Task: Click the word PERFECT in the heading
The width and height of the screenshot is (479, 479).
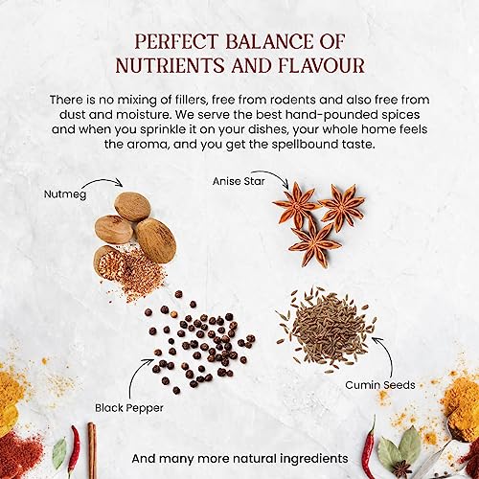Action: coord(176,41)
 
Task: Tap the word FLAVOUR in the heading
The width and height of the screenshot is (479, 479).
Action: coord(321,65)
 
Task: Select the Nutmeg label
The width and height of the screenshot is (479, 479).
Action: coord(65,194)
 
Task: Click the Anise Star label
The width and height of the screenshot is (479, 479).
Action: coord(239,181)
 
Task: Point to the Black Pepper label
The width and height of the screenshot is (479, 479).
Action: coord(129,408)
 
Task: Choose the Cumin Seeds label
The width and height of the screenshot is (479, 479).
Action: coord(380,385)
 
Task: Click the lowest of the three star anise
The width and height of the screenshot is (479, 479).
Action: coord(314,244)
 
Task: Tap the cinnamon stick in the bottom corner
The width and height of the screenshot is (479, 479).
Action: coord(92,450)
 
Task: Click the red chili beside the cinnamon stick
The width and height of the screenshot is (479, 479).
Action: coord(75,450)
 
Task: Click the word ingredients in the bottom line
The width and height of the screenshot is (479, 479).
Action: coord(314,459)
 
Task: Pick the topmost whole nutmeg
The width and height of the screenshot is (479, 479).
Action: coord(132,206)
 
